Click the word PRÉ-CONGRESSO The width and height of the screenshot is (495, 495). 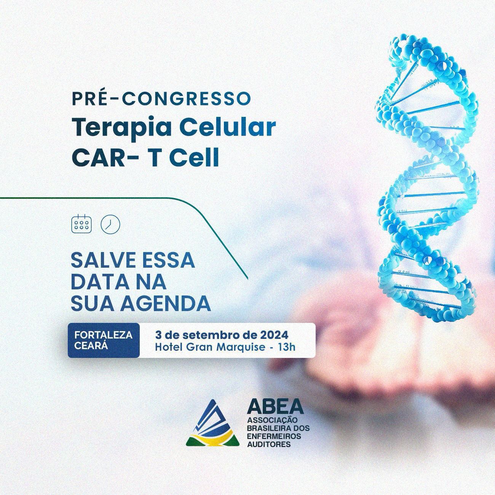point(161,98)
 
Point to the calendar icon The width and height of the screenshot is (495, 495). point(81,224)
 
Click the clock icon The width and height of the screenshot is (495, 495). point(110,224)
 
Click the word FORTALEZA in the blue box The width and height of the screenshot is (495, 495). point(104,335)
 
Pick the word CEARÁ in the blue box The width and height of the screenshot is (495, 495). point(91,345)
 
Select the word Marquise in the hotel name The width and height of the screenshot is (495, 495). point(241,347)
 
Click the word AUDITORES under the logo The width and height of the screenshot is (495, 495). point(269,444)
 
